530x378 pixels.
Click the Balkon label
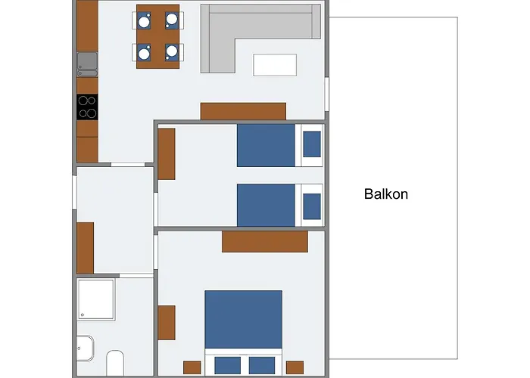[x=386, y=194]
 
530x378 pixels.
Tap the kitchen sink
[x=86, y=63]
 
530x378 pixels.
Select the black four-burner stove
[x=87, y=107]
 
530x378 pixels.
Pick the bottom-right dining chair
[x=173, y=52]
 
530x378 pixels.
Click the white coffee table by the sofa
[x=275, y=65]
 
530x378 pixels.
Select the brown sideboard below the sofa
[x=243, y=111]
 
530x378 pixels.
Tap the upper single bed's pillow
[x=312, y=144]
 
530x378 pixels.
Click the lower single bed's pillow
[x=312, y=205]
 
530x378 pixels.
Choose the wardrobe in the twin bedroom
[x=167, y=153]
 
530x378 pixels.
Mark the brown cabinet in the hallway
[x=85, y=247]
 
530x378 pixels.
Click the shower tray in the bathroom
[x=95, y=299]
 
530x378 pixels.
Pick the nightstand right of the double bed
[x=295, y=367]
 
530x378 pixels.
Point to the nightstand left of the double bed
[x=192, y=367]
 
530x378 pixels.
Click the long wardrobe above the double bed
[x=264, y=241]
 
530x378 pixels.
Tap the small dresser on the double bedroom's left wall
[x=167, y=322]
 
